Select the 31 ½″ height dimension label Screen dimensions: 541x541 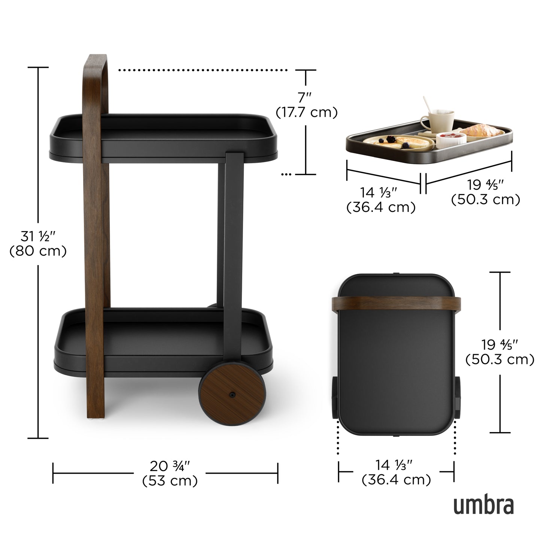click(38, 237)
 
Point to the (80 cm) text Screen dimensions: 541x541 click(38, 251)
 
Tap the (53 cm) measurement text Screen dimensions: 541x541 click(170, 480)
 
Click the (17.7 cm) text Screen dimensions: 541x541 click(306, 112)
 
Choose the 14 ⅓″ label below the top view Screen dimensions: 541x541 click(396, 465)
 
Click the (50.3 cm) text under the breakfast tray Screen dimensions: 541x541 click(486, 200)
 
